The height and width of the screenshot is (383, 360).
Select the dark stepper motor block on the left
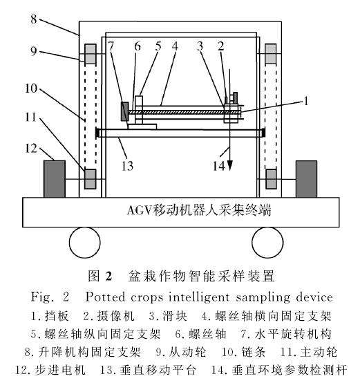[54, 178]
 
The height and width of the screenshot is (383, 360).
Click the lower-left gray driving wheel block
[91, 178]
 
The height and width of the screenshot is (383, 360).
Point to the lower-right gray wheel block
[270, 178]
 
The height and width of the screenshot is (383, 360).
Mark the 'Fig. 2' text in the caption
[47, 297]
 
